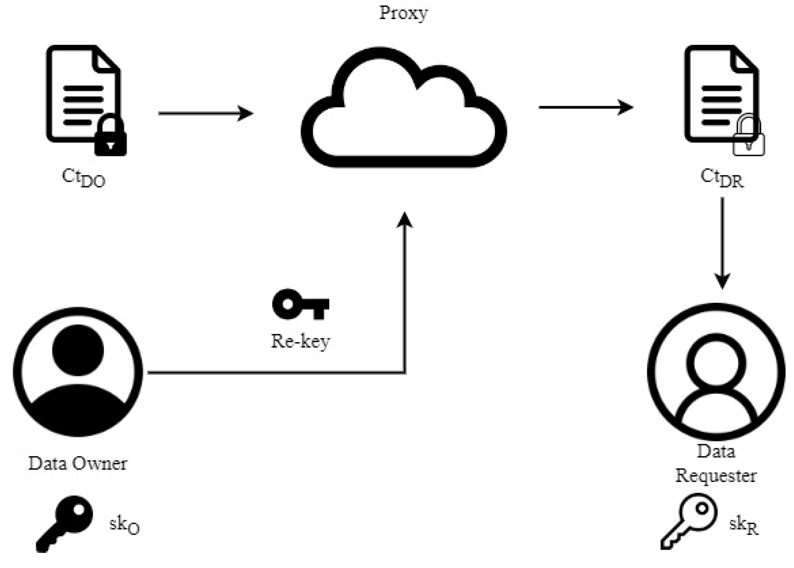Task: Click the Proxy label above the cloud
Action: click(x=403, y=13)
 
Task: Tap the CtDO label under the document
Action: click(x=84, y=178)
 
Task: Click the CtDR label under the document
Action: click(x=722, y=178)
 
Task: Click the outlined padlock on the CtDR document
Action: click(x=748, y=137)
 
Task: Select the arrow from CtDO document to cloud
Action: click(x=206, y=113)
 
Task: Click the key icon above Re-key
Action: click(x=300, y=304)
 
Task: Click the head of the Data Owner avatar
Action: click(x=78, y=350)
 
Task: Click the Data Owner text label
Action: click(x=78, y=463)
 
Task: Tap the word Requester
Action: click(x=716, y=476)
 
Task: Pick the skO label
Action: click(x=124, y=525)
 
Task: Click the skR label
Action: click(x=743, y=525)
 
